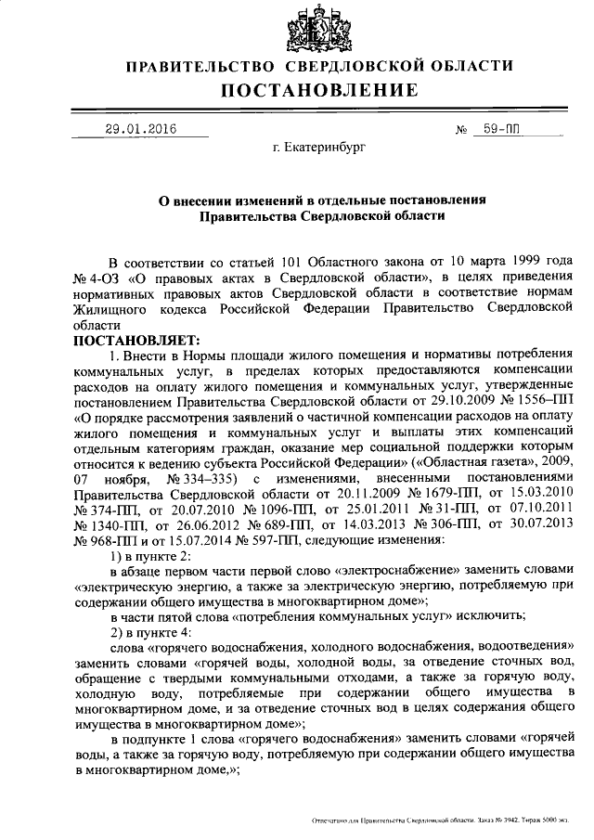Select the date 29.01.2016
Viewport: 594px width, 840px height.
point(140,129)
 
